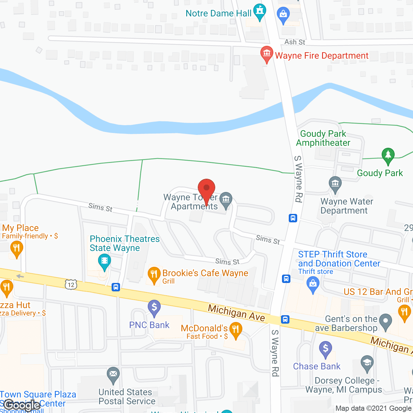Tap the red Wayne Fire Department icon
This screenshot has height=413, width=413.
click(267, 54)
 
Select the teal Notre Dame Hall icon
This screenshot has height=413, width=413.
click(259, 12)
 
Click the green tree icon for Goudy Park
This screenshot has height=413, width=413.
click(388, 156)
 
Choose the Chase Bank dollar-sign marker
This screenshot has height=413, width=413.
click(325, 349)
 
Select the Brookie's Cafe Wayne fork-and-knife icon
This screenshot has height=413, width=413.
click(154, 275)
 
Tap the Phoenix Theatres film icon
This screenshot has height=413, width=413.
click(104, 261)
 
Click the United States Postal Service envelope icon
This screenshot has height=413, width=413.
click(113, 374)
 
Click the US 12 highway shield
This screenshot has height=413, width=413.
click(71, 285)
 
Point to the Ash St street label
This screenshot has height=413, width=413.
click(295, 42)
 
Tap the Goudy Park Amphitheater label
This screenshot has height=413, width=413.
click(323, 138)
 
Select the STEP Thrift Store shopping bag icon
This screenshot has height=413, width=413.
click(313, 285)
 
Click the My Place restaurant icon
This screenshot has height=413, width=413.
click(16, 249)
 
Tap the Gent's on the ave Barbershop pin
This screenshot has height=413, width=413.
click(386, 322)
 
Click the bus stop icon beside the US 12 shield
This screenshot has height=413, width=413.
click(116, 287)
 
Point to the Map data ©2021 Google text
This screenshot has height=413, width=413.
click(373, 408)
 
